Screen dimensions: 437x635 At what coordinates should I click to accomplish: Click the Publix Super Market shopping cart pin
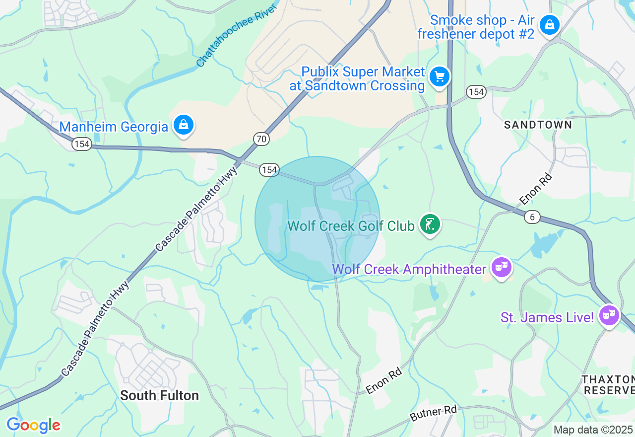(x=439, y=77)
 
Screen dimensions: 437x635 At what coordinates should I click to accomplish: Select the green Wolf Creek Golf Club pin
(x=430, y=224)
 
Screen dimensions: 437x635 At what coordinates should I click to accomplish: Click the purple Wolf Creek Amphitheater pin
(x=501, y=268)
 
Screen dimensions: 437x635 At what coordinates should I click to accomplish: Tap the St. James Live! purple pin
(x=609, y=315)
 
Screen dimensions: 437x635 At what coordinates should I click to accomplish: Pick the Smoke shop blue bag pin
(x=549, y=24)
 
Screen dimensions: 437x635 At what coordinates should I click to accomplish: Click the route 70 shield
(x=261, y=139)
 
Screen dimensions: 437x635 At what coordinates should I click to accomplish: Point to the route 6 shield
(x=532, y=217)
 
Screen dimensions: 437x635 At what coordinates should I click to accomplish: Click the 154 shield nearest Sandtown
(x=476, y=92)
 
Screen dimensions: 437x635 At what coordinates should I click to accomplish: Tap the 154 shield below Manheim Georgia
(x=81, y=144)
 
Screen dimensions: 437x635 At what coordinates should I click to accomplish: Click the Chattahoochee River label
(x=236, y=34)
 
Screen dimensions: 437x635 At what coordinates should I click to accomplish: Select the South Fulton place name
(x=159, y=395)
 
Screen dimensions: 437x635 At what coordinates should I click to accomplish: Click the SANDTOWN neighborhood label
(x=538, y=125)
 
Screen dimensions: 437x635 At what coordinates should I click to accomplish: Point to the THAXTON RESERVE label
(x=608, y=385)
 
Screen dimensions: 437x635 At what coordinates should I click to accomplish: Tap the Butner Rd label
(x=433, y=414)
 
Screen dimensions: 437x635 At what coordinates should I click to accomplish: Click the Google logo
(x=33, y=426)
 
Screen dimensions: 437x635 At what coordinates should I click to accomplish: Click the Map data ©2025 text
(x=593, y=430)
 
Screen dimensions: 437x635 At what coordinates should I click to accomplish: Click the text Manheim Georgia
(x=114, y=127)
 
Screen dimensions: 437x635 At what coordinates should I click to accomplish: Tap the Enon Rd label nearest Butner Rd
(x=384, y=381)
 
